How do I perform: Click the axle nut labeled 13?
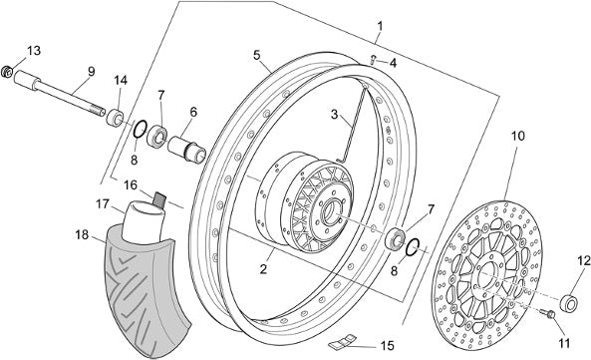click(7, 72)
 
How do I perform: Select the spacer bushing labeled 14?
click(115, 118)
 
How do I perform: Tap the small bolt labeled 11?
click(548, 313)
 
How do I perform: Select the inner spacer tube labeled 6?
click(187, 149)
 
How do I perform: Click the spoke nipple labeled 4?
click(373, 59)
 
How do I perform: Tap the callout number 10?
click(518, 136)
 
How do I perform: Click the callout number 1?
click(380, 26)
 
